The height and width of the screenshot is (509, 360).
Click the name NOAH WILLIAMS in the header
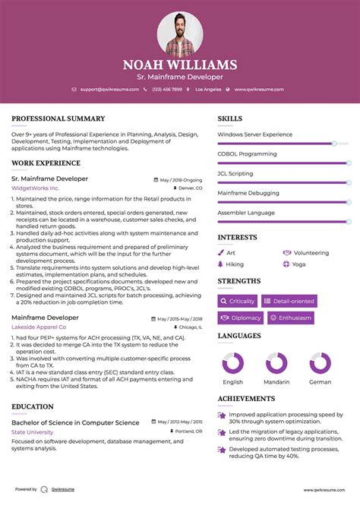coord(180,65)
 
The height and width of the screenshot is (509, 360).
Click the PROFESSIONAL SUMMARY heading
coord(58,119)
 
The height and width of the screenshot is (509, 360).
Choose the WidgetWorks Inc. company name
coord(35,188)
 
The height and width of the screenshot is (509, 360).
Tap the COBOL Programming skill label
coord(247,154)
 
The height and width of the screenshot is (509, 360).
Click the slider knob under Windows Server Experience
coord(334,143)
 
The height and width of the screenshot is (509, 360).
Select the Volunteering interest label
coord(311,252)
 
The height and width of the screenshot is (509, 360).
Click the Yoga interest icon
coord(286,264)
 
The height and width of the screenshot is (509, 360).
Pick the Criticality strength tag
coord(237,301)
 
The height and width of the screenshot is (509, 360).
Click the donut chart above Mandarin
coord(276,362)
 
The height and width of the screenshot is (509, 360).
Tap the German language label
coord(320,382)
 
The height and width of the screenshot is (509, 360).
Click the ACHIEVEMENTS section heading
coord(246,398)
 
